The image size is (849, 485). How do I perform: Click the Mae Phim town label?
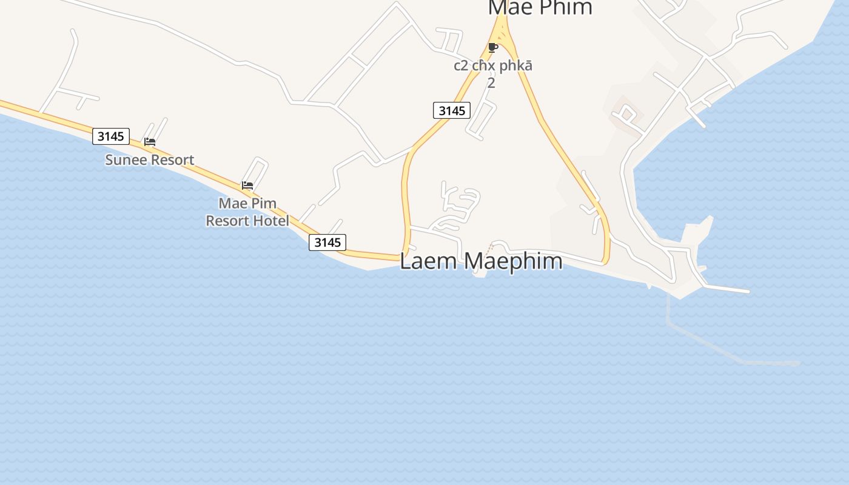(540, 7)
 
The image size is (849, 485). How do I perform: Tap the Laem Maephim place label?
(481, 261)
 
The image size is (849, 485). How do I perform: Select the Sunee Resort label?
(149, 160)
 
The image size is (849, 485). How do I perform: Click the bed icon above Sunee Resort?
(150, 142)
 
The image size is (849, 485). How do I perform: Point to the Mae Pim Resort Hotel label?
(247, 212)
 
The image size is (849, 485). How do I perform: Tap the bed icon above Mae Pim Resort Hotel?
(247, 186)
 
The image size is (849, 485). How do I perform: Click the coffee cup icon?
(493, 47)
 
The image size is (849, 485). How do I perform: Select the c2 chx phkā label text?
(492, 65)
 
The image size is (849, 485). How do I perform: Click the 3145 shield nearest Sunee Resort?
(111, 136)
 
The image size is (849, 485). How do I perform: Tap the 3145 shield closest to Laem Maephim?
(327, 242)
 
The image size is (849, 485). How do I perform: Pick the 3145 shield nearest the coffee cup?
(452, 110)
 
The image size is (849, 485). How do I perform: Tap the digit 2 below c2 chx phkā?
(491, 83)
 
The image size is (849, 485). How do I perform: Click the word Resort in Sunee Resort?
(172, 160)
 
